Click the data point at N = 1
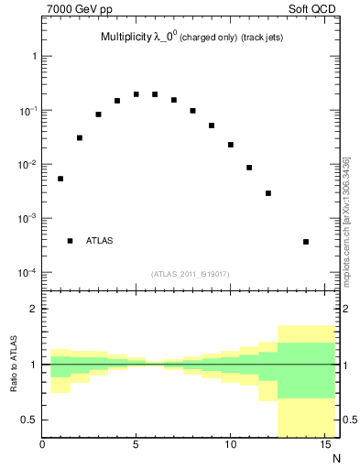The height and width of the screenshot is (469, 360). coord(60,179)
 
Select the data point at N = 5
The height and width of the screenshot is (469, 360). coord(136,94)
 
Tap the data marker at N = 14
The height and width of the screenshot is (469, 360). coord(306,242)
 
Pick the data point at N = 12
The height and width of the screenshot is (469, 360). coord(268,193)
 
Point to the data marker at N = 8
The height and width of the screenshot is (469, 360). coord(192,111)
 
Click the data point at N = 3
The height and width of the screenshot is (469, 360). coord(98,115)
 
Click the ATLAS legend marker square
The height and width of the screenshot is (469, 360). coord(70,241)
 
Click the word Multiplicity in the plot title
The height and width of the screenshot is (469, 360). coord(125,38)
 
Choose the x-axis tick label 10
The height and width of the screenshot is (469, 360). coord(230,446)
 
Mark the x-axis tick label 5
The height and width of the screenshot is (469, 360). coord(136,446)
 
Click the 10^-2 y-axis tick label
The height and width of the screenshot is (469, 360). coord(27,165)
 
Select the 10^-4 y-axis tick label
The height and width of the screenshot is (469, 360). coord(27,273)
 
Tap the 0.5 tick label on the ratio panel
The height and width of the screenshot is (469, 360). coord(28,420)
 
